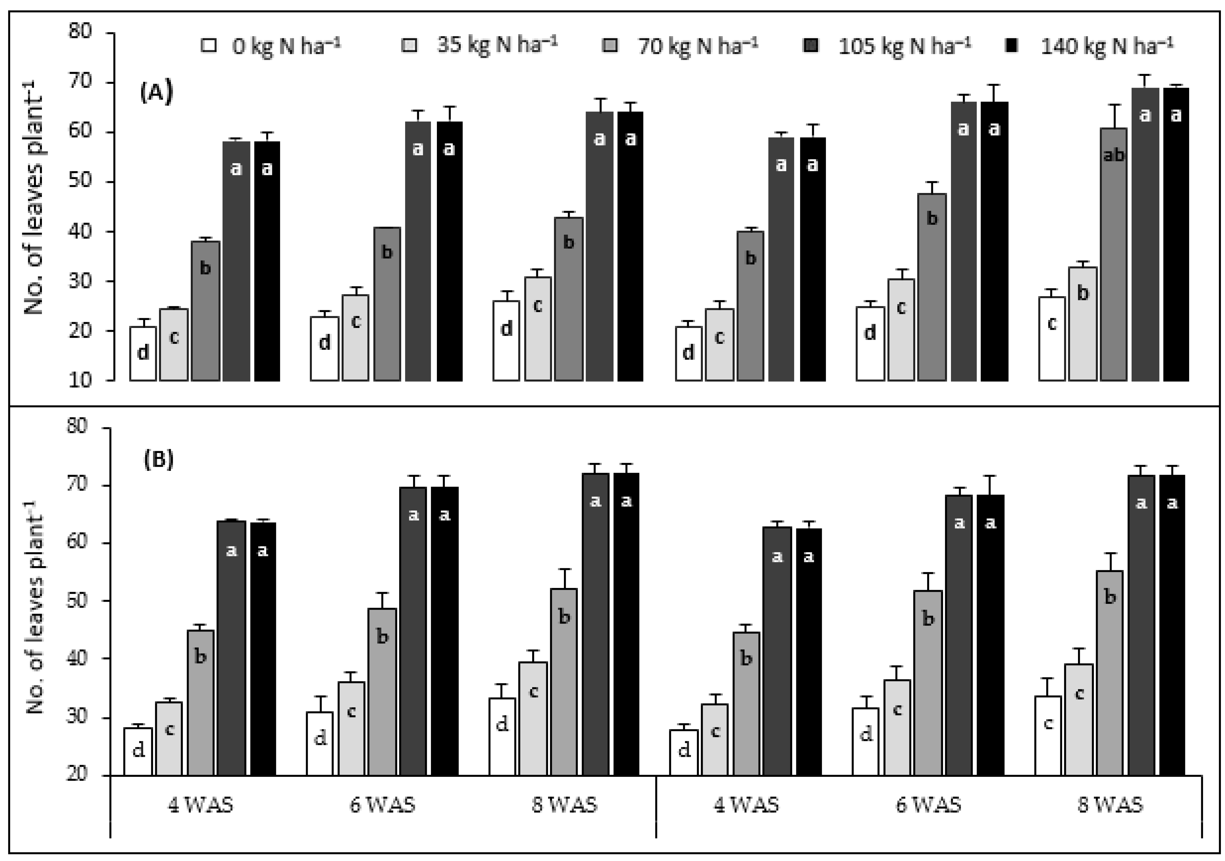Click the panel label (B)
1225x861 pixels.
pyautogui.click(x=158, y=460)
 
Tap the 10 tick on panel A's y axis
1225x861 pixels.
pyautogui.click(x=80, y=380)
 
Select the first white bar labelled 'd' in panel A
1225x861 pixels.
pyautogui.click(x=143, y=354)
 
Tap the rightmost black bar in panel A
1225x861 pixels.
pyautogui.click(x=1176, y=235)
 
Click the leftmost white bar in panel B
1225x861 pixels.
pyautogui.click(x=138, y=751)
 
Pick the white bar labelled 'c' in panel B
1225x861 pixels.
pyautogui.click(x=1048, y=736)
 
